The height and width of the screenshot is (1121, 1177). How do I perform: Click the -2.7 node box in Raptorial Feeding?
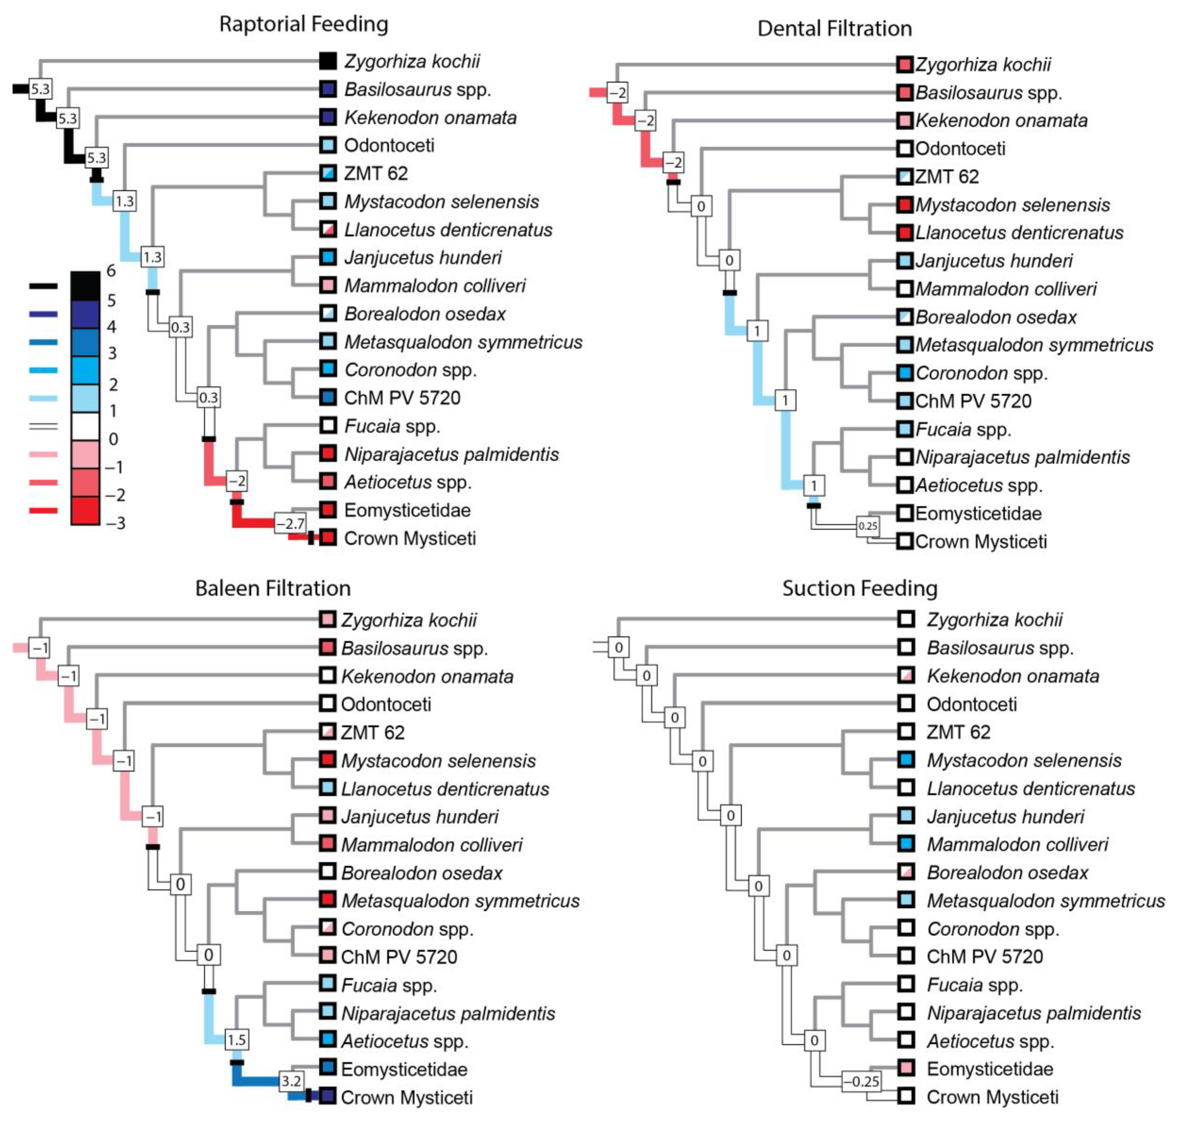click(290, 523)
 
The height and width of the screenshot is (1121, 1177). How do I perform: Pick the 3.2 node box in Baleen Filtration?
click(291, 1080)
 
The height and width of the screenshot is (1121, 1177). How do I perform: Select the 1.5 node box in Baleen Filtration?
click(236, 1040)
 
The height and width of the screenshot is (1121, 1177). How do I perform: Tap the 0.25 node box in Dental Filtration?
click(867, 526)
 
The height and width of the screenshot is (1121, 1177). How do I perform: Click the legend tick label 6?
click(111, 271)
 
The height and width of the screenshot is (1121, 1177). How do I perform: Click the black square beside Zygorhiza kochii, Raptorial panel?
click(328, 61)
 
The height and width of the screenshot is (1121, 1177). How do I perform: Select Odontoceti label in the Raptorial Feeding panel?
click(389, 145)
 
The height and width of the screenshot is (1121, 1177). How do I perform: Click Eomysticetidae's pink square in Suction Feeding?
click(906, 1069)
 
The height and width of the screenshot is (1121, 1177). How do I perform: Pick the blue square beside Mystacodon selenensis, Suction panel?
click(906, 760)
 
